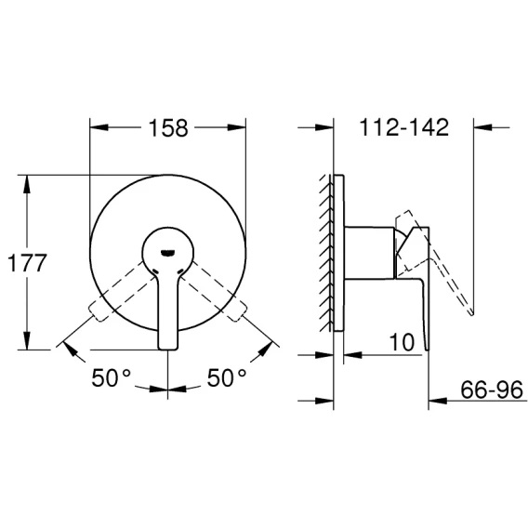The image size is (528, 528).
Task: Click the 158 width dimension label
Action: (168, 128)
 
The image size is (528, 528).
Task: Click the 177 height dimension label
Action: (27, 263)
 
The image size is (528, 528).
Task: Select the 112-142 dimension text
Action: (404, 127)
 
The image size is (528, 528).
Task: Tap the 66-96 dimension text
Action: (492, 389)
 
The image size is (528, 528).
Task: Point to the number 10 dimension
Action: (402, 342)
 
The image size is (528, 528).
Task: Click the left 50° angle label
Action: (112, 377)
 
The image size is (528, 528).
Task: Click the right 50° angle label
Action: (227, 377)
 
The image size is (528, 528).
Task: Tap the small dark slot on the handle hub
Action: (167, 252)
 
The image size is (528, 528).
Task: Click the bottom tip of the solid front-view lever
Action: (167, 349)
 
